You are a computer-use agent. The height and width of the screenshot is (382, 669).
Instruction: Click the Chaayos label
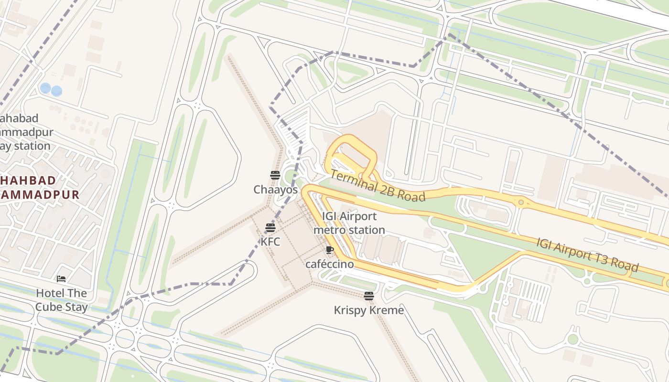(275, 190)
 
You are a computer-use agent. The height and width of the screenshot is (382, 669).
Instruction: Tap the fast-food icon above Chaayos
(275, 175)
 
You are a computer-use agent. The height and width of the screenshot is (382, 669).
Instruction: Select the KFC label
(270, 242)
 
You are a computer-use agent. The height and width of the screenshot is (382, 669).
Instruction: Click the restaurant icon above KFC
(270, 227)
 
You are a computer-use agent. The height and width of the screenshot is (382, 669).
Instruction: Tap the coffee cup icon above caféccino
(329, 250)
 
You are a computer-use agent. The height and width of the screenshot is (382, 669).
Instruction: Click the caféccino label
(330, 264)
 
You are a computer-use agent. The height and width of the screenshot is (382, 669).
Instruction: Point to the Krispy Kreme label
(368, 310)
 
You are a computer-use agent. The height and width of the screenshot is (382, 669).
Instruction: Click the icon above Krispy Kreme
(368, 296)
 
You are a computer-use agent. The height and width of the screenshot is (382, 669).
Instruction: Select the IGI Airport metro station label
(349, 223)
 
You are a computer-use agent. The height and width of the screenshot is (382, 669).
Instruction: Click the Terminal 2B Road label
(378, 186)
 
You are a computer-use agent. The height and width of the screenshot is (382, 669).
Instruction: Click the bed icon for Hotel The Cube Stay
(61, 279)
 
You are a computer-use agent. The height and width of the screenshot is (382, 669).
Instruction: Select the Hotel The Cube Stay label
(62, 300)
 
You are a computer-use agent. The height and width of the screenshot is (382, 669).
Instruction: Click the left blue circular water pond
(45, 88)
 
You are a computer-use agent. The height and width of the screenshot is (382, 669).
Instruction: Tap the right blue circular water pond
(56, 90)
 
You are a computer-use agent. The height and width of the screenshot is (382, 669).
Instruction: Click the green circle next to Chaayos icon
(290, 176)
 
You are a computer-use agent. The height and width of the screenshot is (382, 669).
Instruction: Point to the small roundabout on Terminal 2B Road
(520, 202)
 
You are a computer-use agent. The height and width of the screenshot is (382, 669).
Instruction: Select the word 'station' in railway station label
(32, 146)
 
